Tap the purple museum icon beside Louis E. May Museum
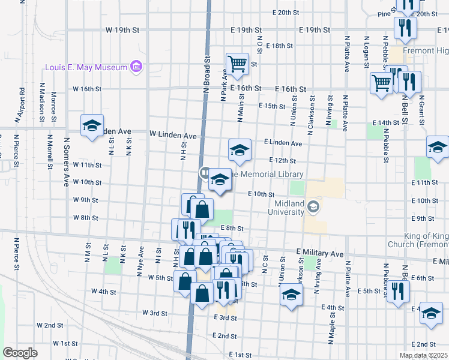137,66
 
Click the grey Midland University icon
313,207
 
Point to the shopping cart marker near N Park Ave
237,64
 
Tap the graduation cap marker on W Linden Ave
92,127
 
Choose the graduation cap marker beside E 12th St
239,151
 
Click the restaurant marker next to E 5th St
397,292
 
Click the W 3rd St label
154,313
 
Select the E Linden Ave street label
283,143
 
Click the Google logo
20,353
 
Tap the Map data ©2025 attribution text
423,355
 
